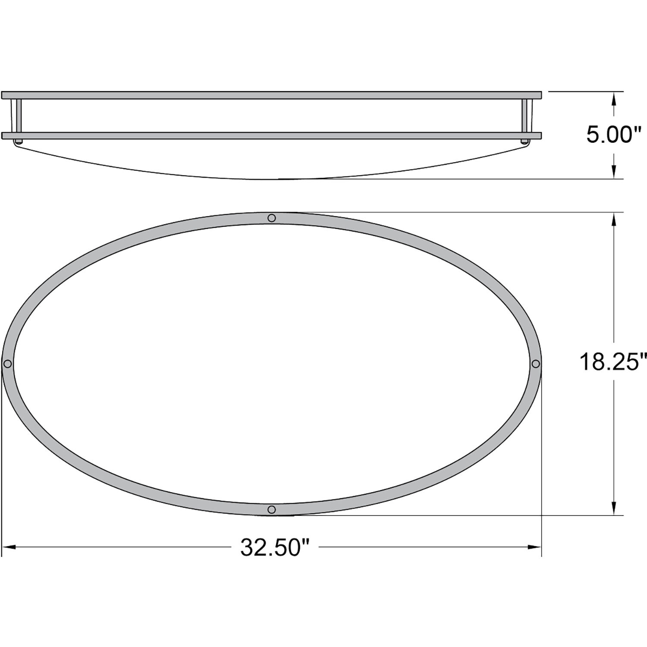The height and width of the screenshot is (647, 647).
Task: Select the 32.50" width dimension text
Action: [276, 547]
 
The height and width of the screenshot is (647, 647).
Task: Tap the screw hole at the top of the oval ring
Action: [271, 218]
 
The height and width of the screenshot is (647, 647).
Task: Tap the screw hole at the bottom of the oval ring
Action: [271, 509]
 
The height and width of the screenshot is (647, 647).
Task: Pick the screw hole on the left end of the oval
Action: [7, 364]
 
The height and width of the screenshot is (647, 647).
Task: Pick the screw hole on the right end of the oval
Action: [535, 364]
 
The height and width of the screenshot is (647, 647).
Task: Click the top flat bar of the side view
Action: [271, 95]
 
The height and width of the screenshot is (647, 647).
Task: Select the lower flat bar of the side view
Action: [271, 136]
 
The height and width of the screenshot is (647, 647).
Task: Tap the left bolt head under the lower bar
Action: [18, 141]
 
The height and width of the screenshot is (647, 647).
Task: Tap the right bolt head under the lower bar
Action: [525, 141]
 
